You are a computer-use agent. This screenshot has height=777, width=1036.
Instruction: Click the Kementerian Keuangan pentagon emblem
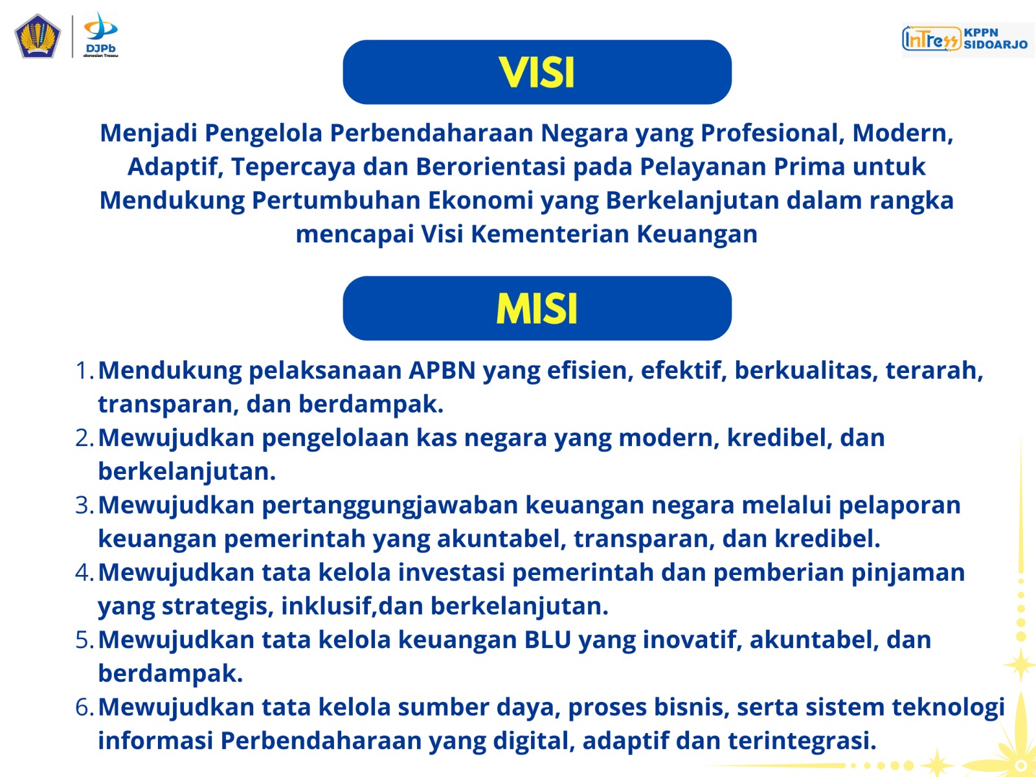point(38,36)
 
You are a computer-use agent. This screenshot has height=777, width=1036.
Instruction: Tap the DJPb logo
point(100,34)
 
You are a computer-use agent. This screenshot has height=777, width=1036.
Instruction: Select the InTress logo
point(931,39)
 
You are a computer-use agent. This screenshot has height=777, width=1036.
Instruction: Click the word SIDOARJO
point(995,44)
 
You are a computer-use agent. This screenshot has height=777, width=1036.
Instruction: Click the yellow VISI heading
point(537,73)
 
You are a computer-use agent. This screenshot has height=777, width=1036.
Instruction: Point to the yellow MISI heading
point(537,309)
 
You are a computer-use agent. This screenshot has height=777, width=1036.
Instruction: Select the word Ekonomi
point(480,200)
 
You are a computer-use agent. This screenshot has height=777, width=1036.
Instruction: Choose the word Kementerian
point(550,234)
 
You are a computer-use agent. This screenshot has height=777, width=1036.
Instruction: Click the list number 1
point(84,370)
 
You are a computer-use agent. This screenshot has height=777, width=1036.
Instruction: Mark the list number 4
point(84,572)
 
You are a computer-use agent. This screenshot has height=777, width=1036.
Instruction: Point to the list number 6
point(84,707)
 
